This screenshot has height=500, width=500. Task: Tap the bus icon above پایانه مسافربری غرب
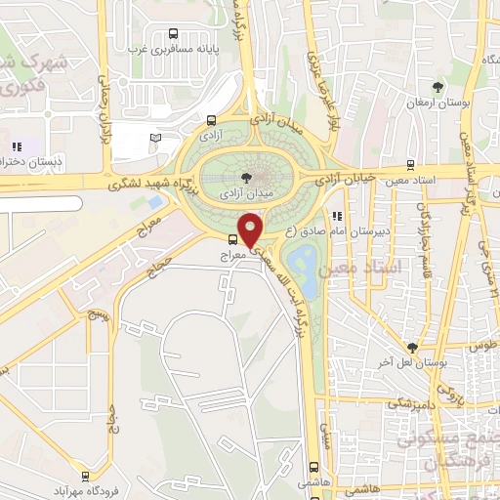click(x=173, y=31)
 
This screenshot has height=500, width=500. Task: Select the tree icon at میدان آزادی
click(x=244, y=177)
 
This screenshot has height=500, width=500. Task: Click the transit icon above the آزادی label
click(x=211, y=121)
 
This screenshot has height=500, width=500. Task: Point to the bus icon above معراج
click(x=232, y=239)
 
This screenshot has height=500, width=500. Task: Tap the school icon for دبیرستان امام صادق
click(x=337, y=217)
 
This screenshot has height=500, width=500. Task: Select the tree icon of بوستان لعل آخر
click(x=413, y=347)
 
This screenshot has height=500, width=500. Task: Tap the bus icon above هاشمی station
click(x=313, y=467)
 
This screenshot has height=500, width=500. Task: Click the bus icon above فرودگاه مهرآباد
click(x=87, y=478)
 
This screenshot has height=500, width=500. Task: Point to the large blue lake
click(x=302, y=264)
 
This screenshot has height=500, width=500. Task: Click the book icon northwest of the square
click(x=154, y=138)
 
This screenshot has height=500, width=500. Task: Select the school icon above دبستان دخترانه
click(x=17, y=146)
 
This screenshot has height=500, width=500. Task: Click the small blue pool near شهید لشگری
click(x=155, y=201)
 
